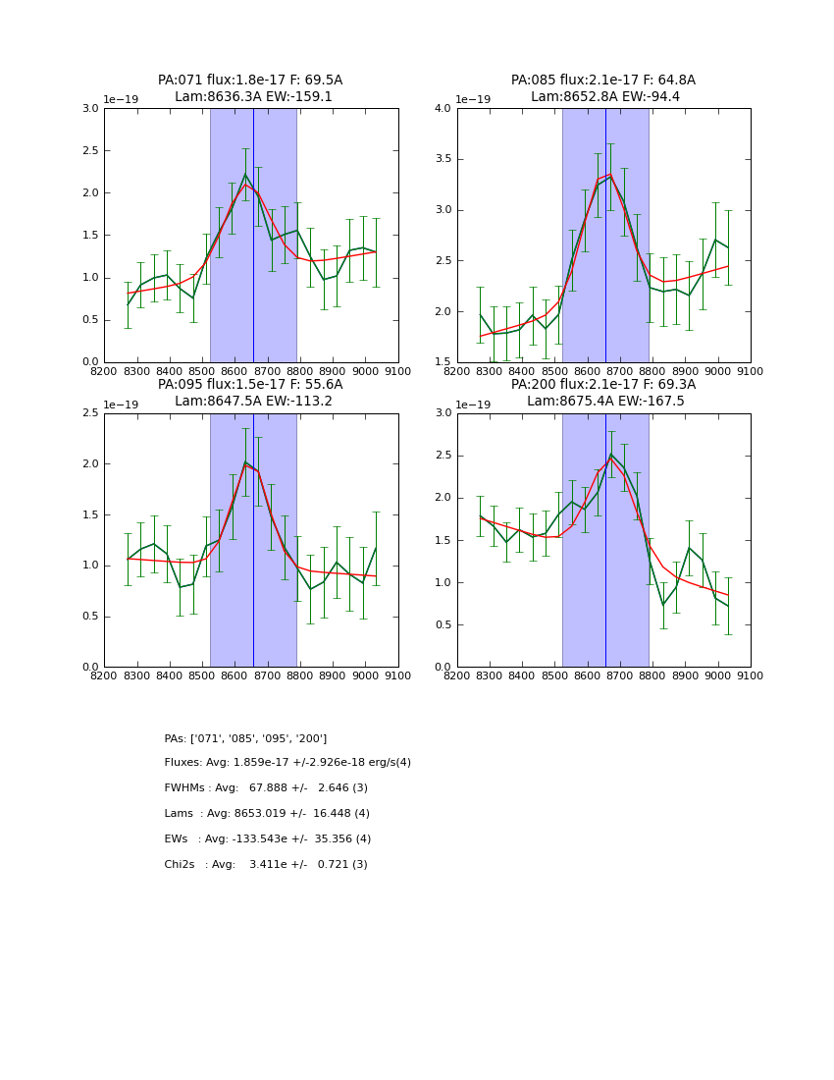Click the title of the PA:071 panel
[x=250, y=88]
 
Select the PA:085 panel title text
[x=603, y=88]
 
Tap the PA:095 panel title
[x=250, y=393]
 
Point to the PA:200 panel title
[x=603, y=393]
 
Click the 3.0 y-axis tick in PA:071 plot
[x=89, y=109]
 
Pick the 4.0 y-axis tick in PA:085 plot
[x=443, y=109]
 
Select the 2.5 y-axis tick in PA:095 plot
[x=89, y=413]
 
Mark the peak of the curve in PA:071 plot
[x=245, y=175]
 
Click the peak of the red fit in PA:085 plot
[x=610, y=175]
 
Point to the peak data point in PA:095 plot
[x=245, y=461]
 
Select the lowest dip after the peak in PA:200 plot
[x=663, y=605]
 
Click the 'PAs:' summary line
[x=245, y=738]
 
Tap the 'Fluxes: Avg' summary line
[x=287, y=763]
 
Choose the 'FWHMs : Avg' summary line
[x=266, y=788]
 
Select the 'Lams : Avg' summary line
[x=267, y=814]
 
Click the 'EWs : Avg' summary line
[x=267, y=839]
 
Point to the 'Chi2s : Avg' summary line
[x=266, y=865]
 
